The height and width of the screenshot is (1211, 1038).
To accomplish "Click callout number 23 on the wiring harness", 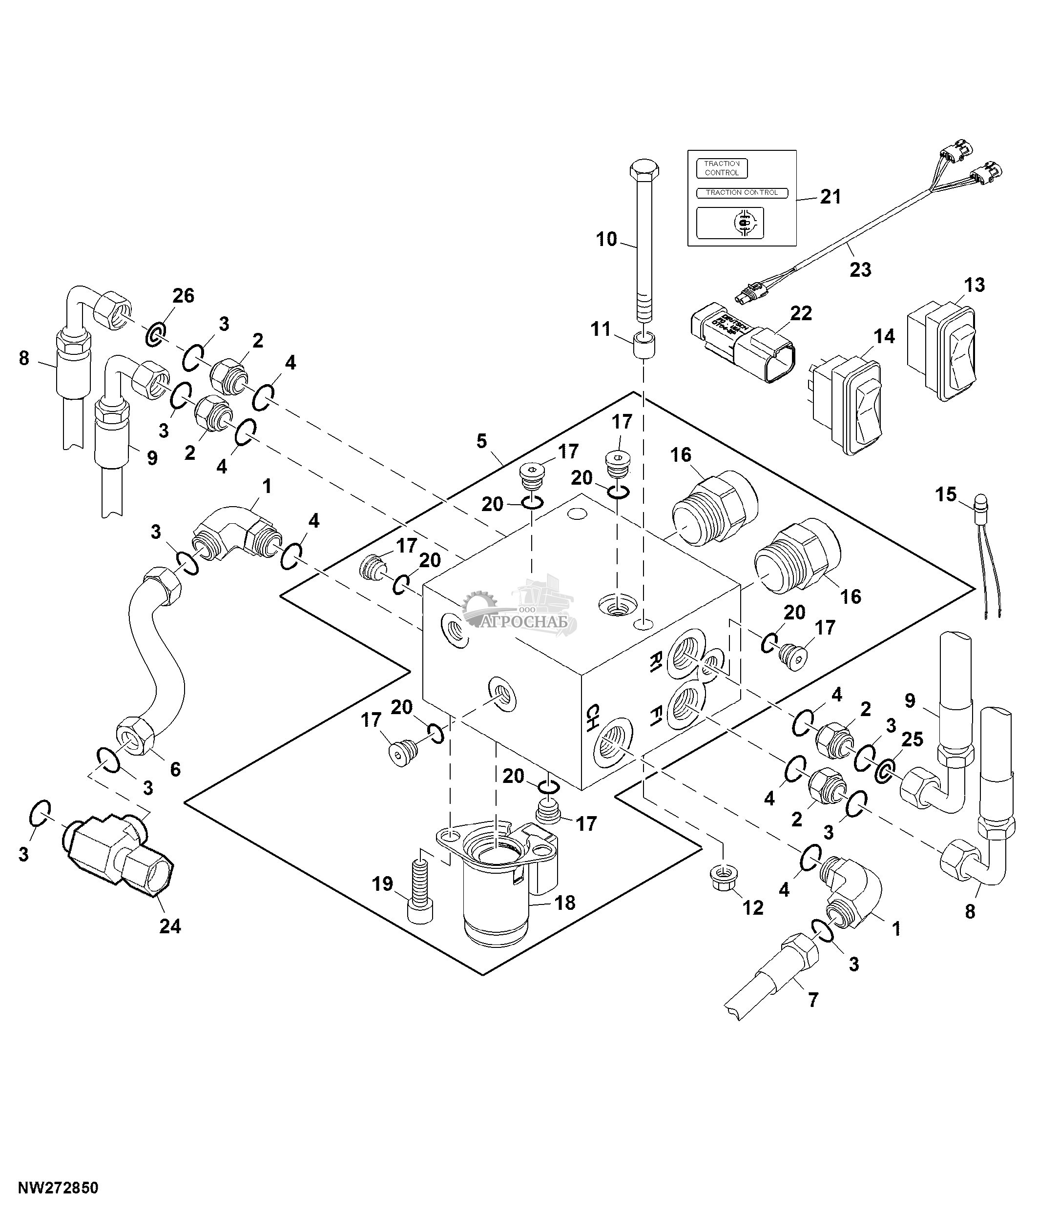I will tap(860, 269).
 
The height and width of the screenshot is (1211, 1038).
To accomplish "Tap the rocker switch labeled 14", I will tap(848, 403).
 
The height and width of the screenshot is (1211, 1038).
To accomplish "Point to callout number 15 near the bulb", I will tap(946, 494).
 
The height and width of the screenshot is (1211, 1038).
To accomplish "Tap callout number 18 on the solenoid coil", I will tap(564, 903).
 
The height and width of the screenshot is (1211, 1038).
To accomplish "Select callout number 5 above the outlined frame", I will tap(481, 441).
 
